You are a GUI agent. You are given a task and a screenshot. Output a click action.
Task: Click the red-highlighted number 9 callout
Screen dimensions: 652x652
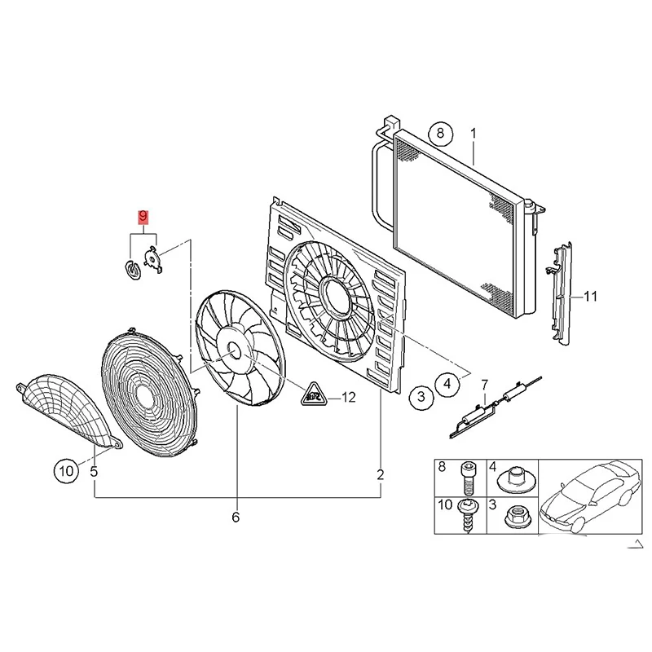pyautogui.click(x=143, y=217)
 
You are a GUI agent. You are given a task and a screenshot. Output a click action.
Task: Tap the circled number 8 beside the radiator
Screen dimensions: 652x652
pyautogui.click(x=440, y=134)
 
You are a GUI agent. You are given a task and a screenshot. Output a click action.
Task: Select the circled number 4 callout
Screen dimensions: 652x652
pyautogui.click(x=447, y=383)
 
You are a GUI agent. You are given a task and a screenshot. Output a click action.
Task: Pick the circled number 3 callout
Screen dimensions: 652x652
pyautogui.click(x=421, y=396)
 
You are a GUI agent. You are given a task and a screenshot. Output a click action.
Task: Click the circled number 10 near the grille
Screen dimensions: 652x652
pyautogui.click(x=66, y=471)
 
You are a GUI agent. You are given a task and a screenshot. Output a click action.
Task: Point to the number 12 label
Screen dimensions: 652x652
pyautogui.click(x=349, y=398)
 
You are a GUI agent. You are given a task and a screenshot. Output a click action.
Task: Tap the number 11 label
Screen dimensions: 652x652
pyautogui.click(x=590, y=297)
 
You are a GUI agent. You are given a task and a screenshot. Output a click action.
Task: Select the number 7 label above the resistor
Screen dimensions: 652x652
pyautogui.click(x=484, y=385)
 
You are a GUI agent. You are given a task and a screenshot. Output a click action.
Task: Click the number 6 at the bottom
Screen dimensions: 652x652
pyautogui.click(x=236, y=518)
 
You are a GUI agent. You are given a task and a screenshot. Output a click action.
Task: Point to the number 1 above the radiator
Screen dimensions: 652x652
pyautogui.click(x=474, y=134)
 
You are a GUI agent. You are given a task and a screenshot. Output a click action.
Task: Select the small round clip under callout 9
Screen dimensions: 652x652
pyautogui.click(x=133, y=271)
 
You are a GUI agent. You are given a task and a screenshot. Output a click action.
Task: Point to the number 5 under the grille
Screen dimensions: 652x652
pyautogui.click(x=94, y=472)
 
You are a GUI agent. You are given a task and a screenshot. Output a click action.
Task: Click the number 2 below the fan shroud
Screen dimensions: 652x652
pyautogui.click(x=381, y=474)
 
